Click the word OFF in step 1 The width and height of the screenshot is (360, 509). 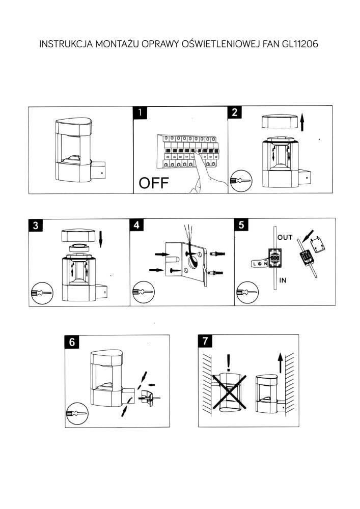click(x=153, y=183)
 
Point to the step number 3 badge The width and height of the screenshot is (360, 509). click(x=35, y=225)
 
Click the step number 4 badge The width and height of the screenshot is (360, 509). click(x=136, y=225)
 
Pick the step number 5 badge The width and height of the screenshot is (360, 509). click(x=241, y=225)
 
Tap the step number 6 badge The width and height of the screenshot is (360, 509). click(x=72, y=342)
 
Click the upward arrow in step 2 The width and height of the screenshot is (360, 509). click(x=302, y=123)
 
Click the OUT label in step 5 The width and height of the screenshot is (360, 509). click(x=285, y=238)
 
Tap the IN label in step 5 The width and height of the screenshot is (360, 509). click(x=282, y=279)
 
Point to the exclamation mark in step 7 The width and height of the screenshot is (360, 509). click(x=229, y=362)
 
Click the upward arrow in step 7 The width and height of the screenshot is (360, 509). click(x=280, y=363)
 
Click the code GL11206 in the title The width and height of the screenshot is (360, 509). click(x=297, y=44)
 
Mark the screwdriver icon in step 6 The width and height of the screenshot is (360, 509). click(x=76, y=413)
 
